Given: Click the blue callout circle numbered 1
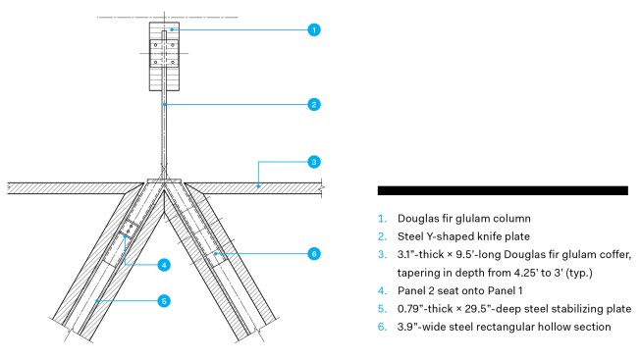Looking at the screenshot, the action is click(314, 29).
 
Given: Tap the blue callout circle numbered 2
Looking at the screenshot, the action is click(314, 105).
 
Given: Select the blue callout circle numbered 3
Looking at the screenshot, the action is click(314, 162).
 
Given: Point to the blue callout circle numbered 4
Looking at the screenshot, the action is click(164, 265).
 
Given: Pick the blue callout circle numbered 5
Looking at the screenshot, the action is click(164, 301).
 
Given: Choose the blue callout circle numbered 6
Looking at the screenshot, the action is click(314, 254).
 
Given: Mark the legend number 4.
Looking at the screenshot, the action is click(382, 290).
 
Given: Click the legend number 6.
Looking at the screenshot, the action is click(382, 327).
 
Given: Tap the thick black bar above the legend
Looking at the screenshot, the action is click(503, 190).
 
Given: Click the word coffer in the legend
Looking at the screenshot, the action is click(615, 255).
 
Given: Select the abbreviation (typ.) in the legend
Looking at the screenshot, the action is click(579, 273).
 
